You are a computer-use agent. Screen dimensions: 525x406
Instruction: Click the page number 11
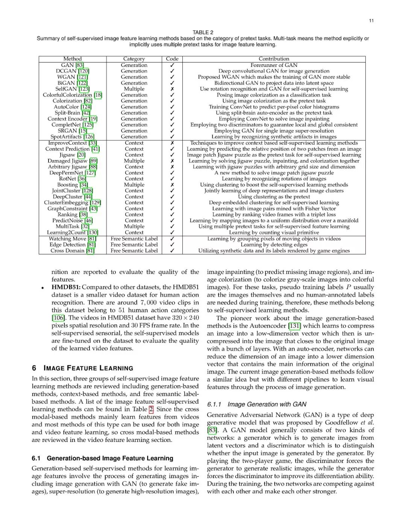click(x=371, y=21)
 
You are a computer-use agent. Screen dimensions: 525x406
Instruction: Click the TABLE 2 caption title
click(x=203, y=32)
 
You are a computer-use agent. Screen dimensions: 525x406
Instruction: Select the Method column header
click(x=73, y=59)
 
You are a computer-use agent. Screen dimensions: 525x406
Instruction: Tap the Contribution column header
click(x=274, y=59)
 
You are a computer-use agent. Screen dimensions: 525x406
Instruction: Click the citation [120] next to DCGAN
click(x=83, y=71)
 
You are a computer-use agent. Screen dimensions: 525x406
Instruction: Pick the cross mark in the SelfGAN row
click(x=172, y=89)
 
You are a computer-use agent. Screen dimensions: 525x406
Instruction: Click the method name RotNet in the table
click(x=67, y=179)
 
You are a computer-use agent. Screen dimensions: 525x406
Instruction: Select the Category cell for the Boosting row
click(x=134, y=185)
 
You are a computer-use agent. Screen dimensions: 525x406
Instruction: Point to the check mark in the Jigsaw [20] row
click(x=172, y=155)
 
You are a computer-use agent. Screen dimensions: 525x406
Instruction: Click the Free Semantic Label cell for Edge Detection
click(x=134, y=245)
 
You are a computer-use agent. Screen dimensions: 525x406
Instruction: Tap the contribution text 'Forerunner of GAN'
click(x=274, y=65)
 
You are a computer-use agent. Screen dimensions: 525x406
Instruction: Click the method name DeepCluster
click(x=67, y=197)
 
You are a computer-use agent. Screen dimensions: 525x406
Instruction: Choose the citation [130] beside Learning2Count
click(x=93, y=233)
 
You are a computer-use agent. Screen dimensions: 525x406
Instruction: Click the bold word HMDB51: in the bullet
click(x=66, y=287)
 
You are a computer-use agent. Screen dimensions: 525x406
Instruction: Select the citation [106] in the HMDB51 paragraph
click(x=58, y=318)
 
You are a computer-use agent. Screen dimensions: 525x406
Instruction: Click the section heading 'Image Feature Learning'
click(x=88, y=368)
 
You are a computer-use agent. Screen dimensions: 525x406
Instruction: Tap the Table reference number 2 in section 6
click(x=151, y=409)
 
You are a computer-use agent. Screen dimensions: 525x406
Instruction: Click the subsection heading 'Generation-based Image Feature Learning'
click(x=110, y=458)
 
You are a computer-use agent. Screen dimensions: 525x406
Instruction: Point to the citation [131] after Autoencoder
click(x=294, y=326)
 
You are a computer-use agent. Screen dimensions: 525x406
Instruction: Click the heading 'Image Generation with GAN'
click(x=267, y=404)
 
